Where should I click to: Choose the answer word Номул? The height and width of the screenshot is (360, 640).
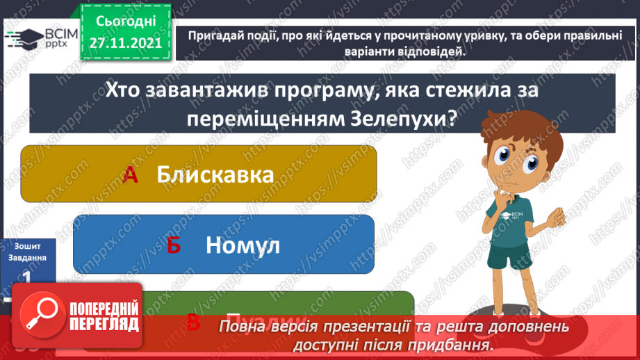tap(243, 245)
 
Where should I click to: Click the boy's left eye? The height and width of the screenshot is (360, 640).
tap(530, 164)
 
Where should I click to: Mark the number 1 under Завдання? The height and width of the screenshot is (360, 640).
tap(26, 276)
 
